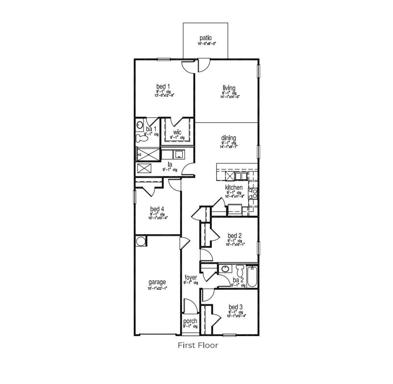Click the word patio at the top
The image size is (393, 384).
[206, 38]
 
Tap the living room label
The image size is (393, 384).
[228, 88]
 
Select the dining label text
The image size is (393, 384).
[229, 138]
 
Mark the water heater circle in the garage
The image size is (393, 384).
[140, 241]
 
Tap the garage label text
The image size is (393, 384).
[157, 282]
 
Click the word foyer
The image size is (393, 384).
[191, 277]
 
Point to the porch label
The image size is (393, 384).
[190, 322]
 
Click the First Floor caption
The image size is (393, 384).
[198, 345]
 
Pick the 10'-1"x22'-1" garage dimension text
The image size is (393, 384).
[157, 288]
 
